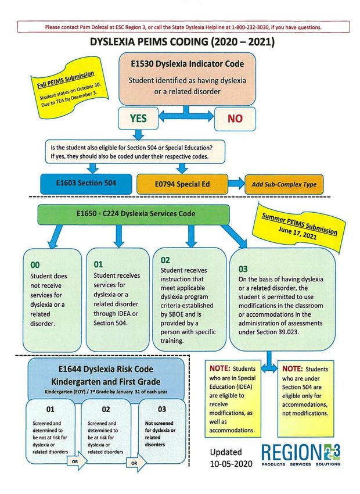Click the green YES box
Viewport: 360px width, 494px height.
click(138, 119)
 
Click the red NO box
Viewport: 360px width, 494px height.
click(235, 119)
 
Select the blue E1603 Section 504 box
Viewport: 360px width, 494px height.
click(86, 184)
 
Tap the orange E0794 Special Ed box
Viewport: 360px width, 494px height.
click(182, 184)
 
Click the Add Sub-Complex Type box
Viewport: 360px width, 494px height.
click(284, 184)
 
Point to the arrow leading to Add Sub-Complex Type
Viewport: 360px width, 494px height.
click(236, 184)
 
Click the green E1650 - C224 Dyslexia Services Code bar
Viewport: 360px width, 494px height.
click(134, 214)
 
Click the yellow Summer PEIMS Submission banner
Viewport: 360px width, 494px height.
click(301, 227)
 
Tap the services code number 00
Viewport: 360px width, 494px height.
click(35, 265)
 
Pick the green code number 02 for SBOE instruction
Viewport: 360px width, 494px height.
click(165, 260)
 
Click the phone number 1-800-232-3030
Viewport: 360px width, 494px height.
click(250, 27)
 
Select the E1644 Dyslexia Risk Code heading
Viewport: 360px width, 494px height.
click(106, 369)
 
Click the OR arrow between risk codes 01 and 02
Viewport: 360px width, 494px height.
click(77, 461)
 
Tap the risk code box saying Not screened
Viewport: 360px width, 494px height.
click(162, 431)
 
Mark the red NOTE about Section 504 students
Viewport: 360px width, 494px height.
click(292, 369)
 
